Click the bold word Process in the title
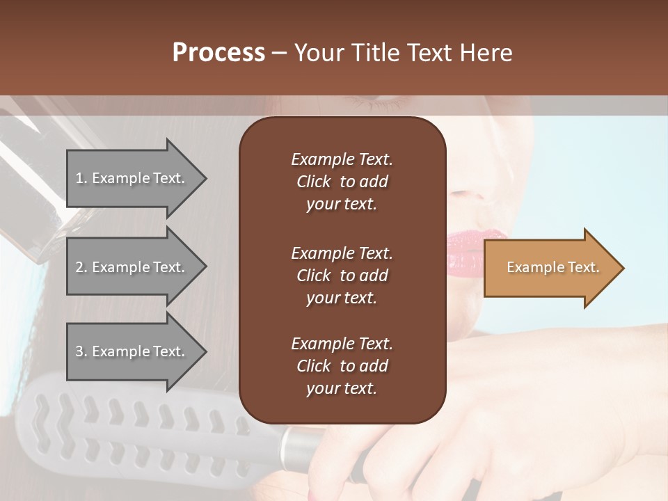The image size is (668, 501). point(218,53)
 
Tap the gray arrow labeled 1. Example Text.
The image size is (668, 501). point(132,178)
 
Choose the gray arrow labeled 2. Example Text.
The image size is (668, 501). point(132,267)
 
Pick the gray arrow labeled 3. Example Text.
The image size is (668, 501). point(132,351)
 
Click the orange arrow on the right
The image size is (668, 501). point(550,268)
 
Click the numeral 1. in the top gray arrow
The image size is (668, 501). point(81,178)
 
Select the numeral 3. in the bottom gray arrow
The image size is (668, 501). point(81,351)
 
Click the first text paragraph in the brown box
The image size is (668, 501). point(342,182)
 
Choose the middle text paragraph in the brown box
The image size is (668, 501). point(342,276)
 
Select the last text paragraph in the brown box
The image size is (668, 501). point(342,366)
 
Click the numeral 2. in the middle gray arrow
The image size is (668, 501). point(81,267)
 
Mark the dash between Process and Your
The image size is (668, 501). point(279,53)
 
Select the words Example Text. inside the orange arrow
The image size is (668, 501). point(552,267)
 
